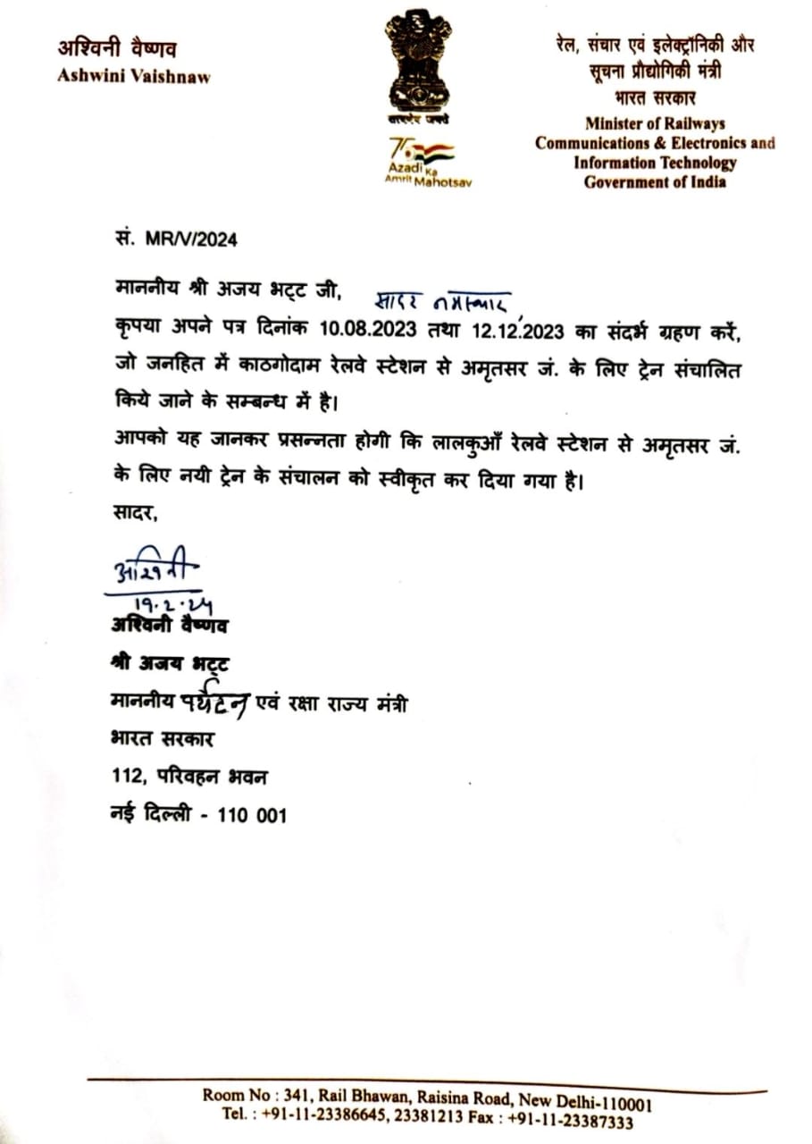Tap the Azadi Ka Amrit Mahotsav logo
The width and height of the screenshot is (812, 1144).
[x=422, y=161]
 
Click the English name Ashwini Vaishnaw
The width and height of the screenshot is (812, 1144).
[x=134, y=77]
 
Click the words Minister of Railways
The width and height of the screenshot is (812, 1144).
[x=655, y=123]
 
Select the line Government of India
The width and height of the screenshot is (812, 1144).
[x=655, y=182]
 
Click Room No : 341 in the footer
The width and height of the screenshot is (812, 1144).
[x=255, y=1096]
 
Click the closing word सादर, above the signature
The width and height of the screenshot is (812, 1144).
[x=134, y=513]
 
